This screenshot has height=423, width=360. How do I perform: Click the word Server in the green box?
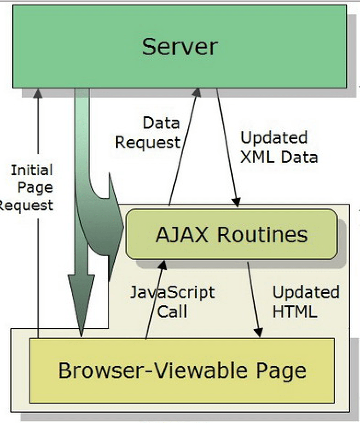click(x=180, y=46)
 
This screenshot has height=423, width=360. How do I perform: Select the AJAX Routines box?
click(x=232, y=234)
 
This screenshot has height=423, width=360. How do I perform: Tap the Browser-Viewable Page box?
click(x=182, y=370)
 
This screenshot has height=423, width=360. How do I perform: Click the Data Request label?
click(x=148, y=133)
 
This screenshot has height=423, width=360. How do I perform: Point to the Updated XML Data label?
click(x=279, y=147)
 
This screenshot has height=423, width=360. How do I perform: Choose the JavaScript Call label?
click(x=172, y=302)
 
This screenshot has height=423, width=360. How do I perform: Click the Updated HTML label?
click(x=305, y=302)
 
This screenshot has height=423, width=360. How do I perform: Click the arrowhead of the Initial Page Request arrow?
click(x=38, y=93)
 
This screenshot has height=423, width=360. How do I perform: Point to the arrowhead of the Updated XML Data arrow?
click(x=237, y=202)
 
